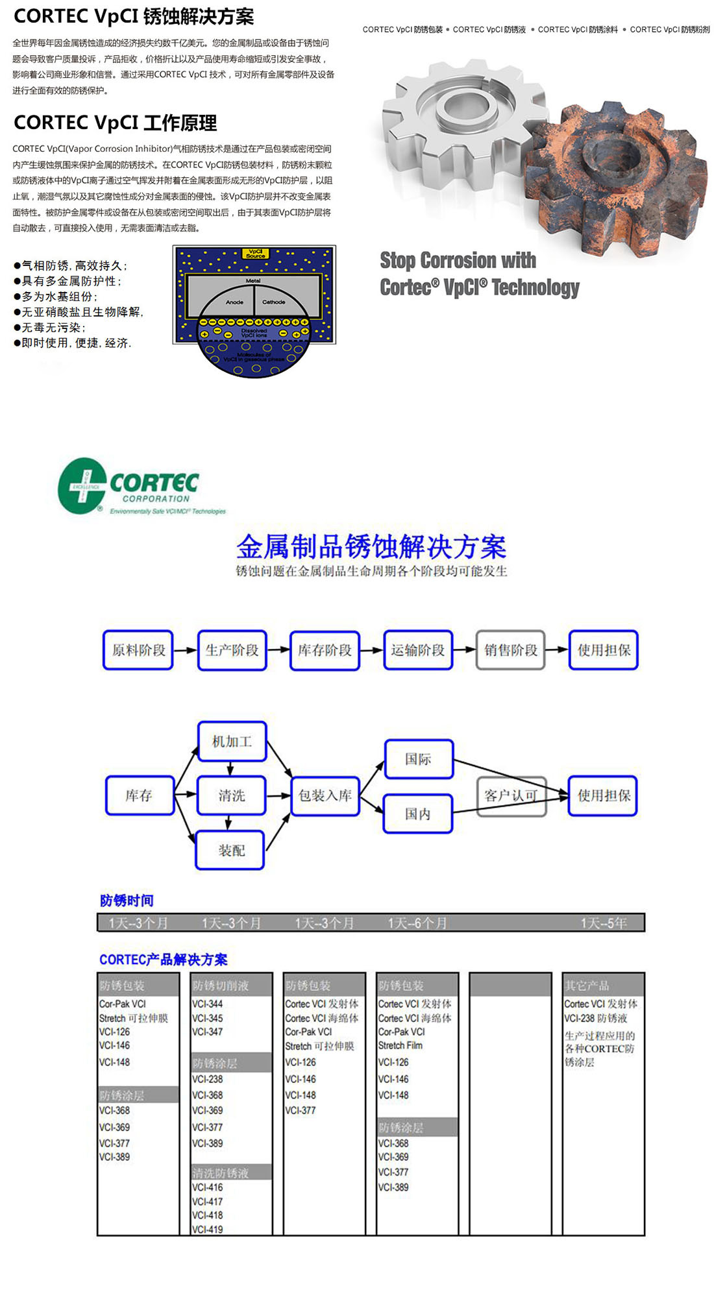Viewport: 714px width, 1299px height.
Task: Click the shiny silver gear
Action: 454,117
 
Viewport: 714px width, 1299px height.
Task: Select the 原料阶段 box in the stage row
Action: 138,650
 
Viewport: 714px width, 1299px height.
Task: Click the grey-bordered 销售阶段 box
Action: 510,650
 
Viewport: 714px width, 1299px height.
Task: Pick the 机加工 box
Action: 232,741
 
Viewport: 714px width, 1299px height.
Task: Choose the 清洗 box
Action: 232,795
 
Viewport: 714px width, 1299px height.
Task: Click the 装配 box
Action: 230,850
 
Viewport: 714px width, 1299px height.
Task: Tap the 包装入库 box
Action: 325,795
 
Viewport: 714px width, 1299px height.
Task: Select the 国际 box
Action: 418,759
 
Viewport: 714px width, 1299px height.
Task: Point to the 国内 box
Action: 418,814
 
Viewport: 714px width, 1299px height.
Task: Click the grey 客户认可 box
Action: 511,795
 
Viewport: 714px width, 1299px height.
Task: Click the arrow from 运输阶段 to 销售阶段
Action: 464,650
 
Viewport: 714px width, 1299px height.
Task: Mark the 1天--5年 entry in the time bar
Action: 604,923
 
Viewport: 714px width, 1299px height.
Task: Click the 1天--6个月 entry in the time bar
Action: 417,923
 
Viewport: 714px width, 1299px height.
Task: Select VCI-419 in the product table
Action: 208,1229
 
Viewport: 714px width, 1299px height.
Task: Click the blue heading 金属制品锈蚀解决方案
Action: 371,547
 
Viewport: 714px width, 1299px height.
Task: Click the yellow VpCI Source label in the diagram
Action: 256,254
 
